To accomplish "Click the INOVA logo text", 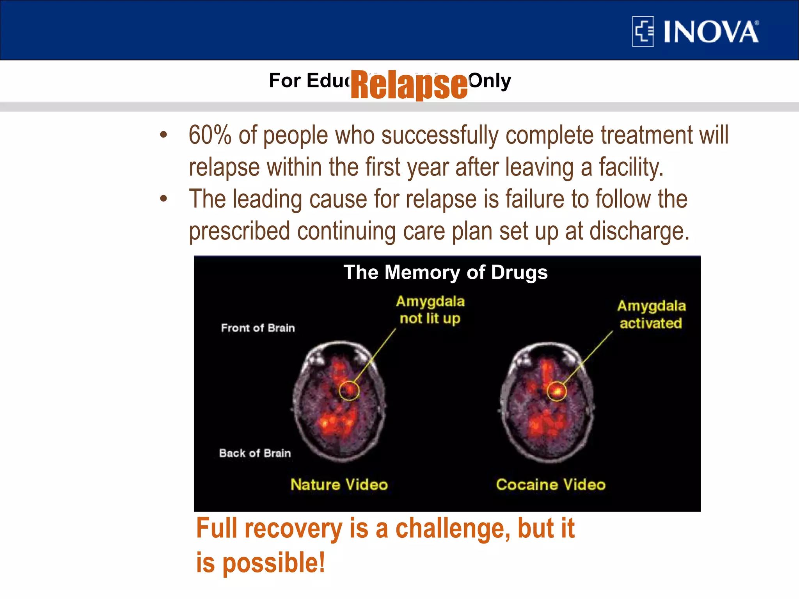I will [711, 32].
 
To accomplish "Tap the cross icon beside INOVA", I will [643, 32].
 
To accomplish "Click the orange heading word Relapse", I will [409, 85].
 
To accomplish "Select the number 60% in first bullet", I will [210, 135].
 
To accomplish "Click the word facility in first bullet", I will [631, 167].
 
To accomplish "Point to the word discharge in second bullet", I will [639, 231].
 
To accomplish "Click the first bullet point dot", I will [163, 135].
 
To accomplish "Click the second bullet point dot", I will [163, 199].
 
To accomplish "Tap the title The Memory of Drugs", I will [445, 272].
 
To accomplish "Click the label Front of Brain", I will [258, 328].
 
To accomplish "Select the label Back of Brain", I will [255, 453].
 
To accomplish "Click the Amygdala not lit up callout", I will [430, 310].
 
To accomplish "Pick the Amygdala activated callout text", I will [651, 314].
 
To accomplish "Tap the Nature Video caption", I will [339, 485].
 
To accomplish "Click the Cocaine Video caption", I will [550, 485].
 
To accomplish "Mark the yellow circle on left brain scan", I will [349, 390].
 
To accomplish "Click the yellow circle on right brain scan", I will [557, 391].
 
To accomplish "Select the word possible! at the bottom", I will [273, 563].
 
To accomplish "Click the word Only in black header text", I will [490, 81].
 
